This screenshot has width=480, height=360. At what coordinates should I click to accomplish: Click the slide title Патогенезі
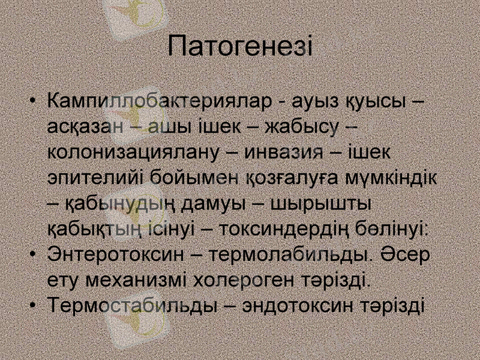pos(240,46)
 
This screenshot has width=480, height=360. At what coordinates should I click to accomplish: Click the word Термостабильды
pos(132,306)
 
